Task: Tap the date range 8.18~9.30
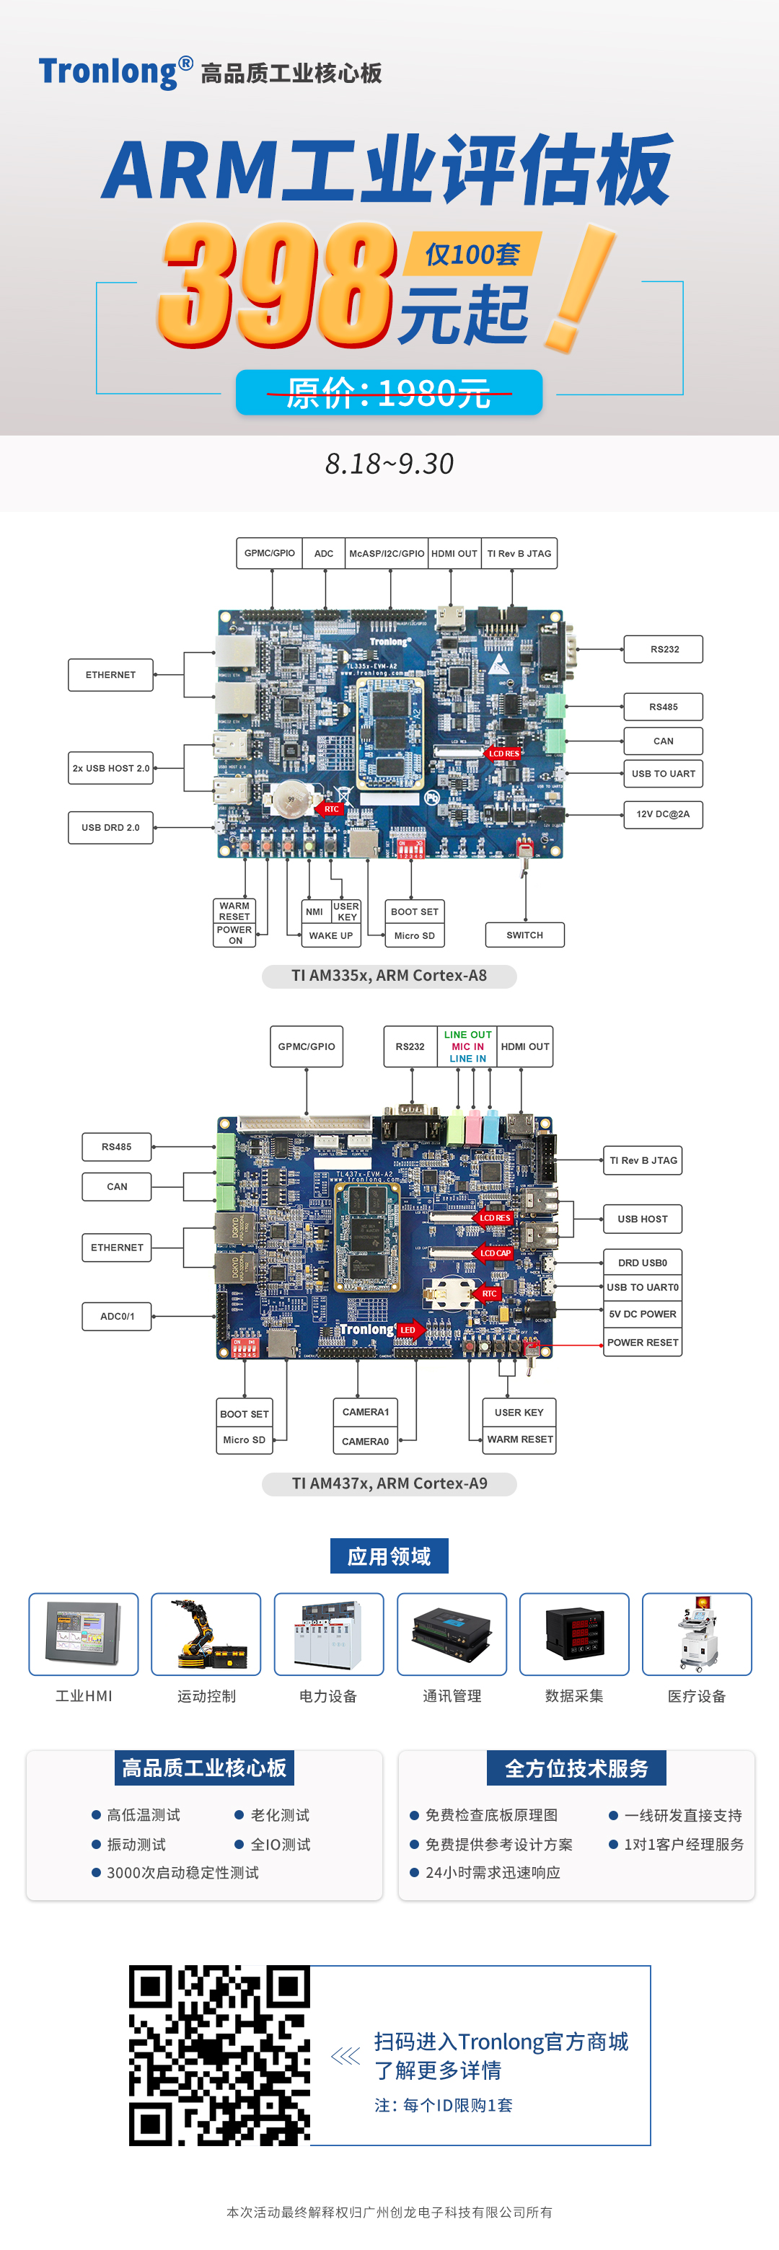[389, 464]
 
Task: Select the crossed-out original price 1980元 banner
[389, 393]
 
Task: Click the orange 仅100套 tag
[472, 254]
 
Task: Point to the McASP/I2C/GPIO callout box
[387, 554]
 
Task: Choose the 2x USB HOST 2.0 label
[111, 769]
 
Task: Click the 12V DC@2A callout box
[663, 814]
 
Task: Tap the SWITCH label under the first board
[525, 935]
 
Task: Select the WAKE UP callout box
[331, 936]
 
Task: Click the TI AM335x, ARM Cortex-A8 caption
[389, 976]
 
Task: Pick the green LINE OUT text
[468, 1035]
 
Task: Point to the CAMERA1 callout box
[365, 1412]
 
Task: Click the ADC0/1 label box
[117, 1316]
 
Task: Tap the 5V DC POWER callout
[643, 1315]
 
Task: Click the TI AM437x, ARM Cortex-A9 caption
[389, 1484]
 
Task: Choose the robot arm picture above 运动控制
[206, 1634]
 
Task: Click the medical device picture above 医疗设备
[697, 1634]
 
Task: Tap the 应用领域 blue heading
[389, 1556]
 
